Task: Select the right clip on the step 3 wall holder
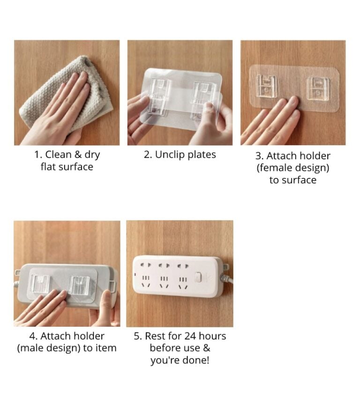tap(318, 88)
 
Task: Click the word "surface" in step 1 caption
tap(76, 167)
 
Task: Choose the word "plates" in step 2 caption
tap(202, 155)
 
